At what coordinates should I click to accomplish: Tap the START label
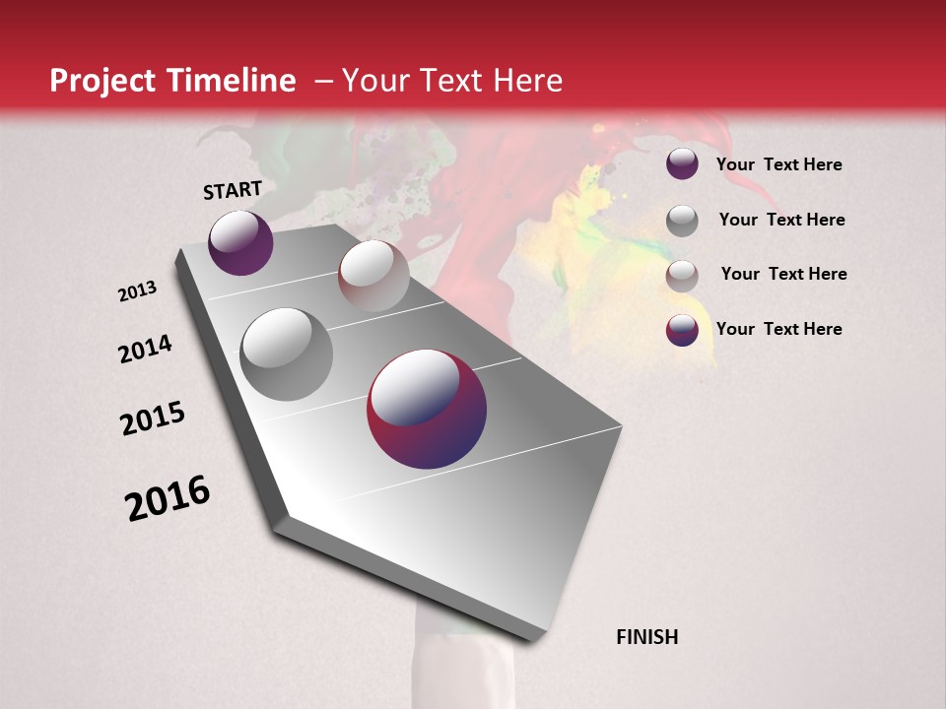point(233,190)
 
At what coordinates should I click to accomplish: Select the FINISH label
point(647,637)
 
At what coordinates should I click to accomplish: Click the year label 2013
point(138,291)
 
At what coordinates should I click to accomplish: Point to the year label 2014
point(145,349)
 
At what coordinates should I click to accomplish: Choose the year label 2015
point(153,419)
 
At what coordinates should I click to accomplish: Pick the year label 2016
point(168,498)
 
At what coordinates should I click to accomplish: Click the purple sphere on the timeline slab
point(240,242)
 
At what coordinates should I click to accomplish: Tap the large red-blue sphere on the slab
point(427,409)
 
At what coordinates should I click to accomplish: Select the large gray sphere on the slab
point(287,354)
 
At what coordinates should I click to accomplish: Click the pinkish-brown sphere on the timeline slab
point(373,276)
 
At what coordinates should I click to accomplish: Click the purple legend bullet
point(682,164)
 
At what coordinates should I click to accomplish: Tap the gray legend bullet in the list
point(682,221)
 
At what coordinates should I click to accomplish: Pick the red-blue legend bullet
point(682,330)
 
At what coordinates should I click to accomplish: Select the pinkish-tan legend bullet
point(682,276)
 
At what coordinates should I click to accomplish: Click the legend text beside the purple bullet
point(778,164)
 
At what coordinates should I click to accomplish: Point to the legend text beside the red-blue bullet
point(778,329)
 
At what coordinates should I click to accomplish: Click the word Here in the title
point(527,81)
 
